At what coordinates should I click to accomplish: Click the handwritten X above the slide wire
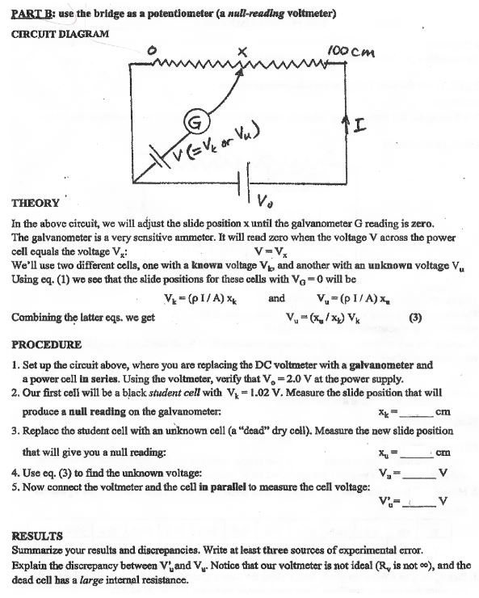[241, 53]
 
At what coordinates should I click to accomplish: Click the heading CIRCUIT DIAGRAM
[60, 33]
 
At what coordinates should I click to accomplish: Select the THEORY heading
[36, 204]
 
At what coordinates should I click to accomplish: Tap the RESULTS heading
[37, 536]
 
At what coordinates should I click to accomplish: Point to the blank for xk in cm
[418, 411]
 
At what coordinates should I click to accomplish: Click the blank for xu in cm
[418, 452]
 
